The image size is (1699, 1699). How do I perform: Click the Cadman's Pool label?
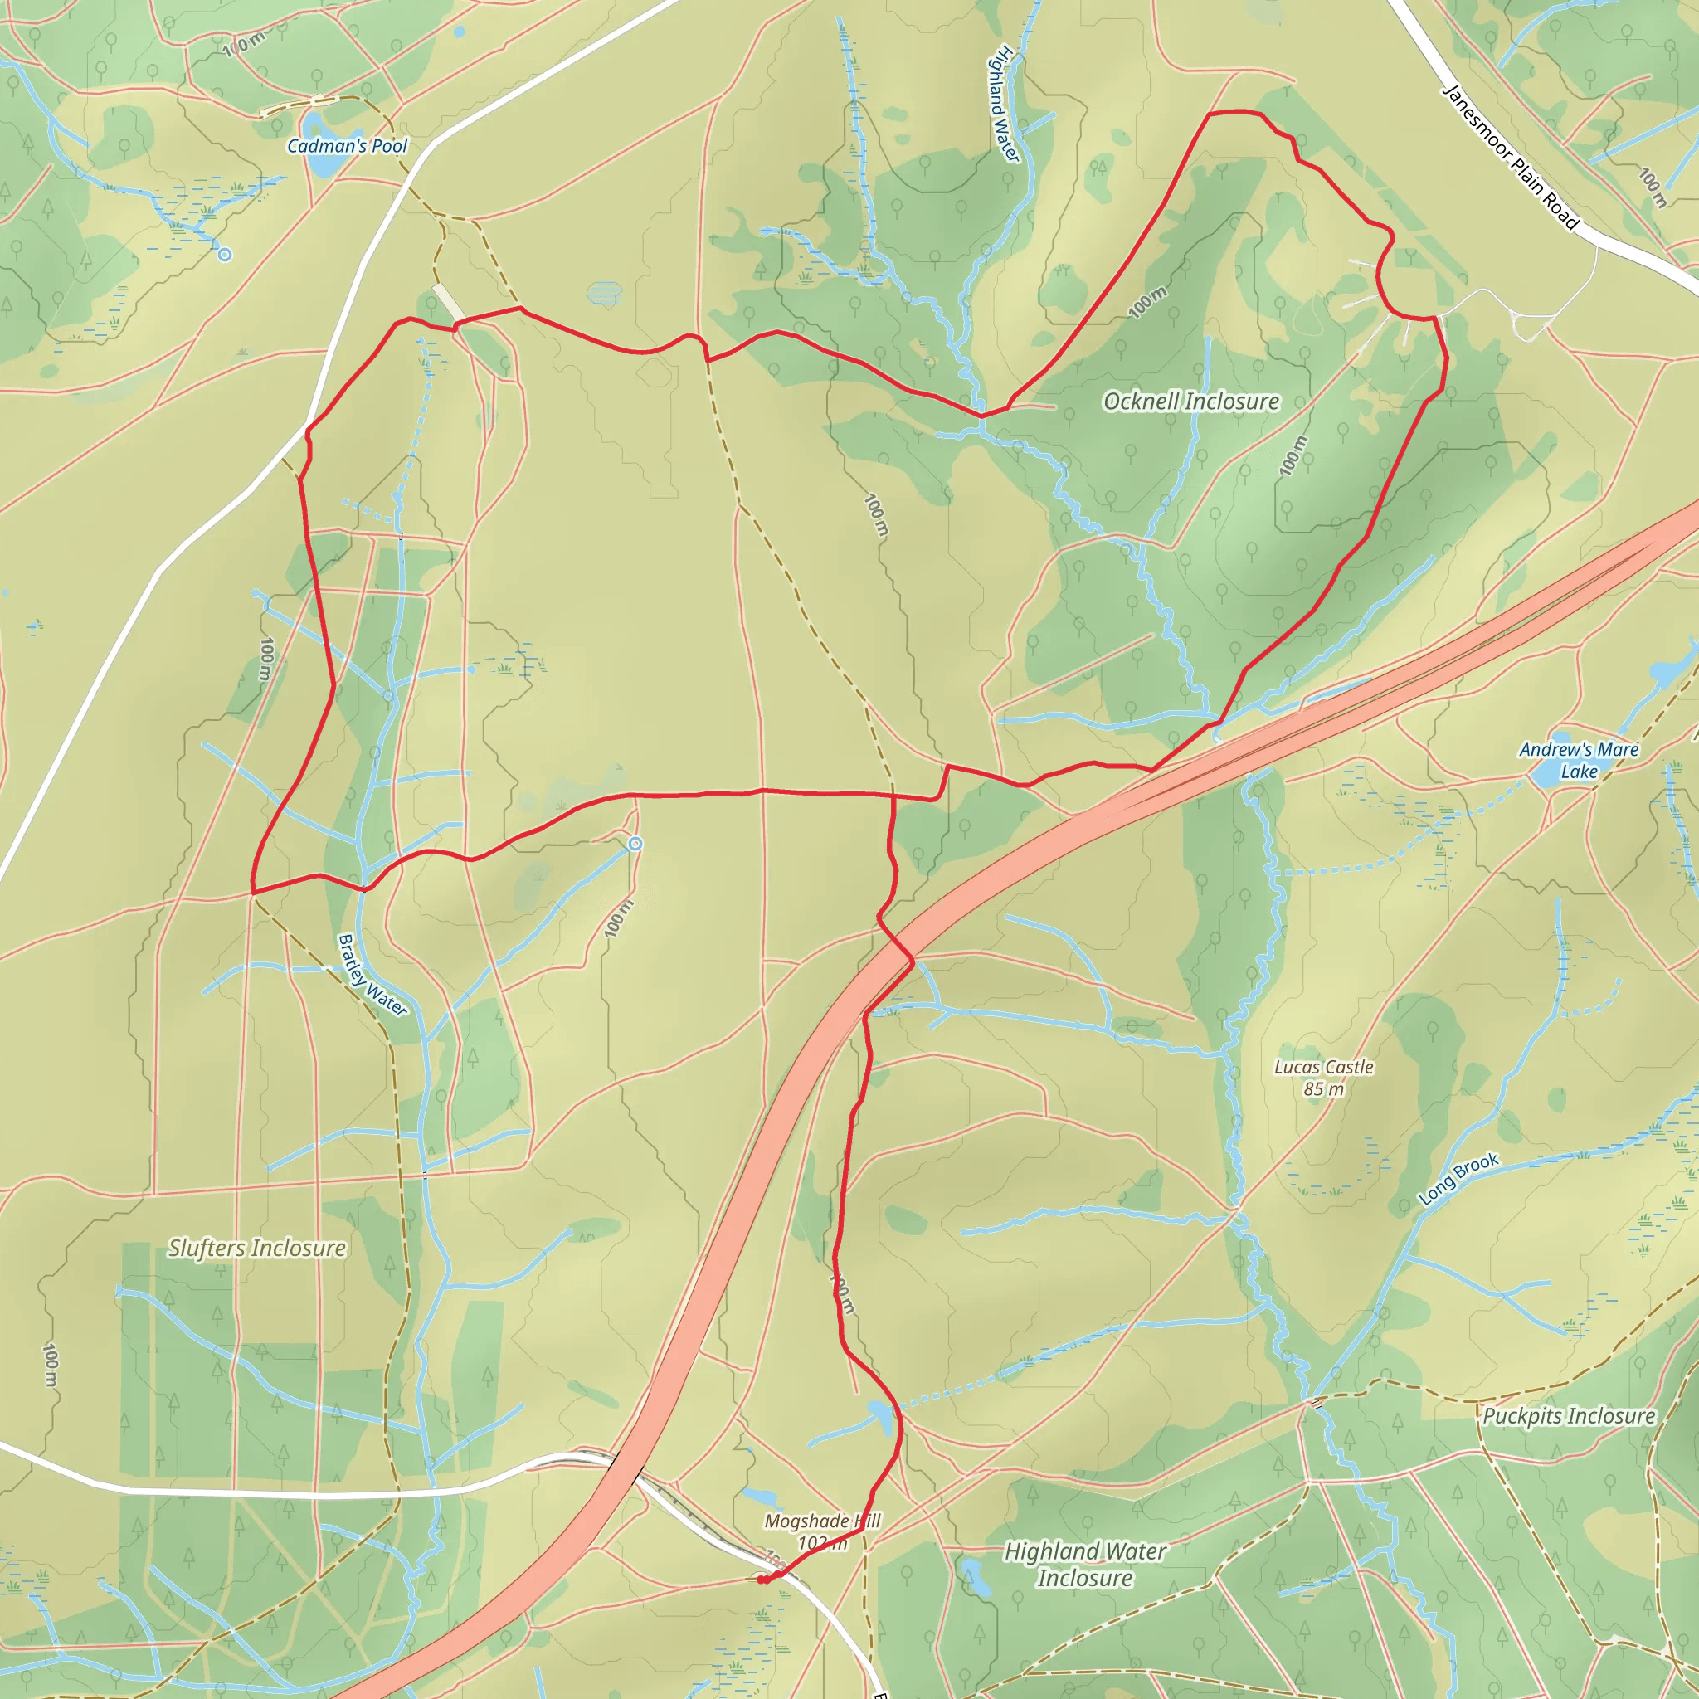click(348, 146)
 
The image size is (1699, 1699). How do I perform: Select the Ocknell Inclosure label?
click(1190, 402)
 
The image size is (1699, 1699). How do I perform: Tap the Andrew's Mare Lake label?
click(1579, 761)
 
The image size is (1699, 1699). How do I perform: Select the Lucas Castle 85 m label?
click(1323, 1078)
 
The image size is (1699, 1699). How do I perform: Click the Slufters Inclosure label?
click(257, 1248)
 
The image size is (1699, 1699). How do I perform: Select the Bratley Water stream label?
click(372, 975)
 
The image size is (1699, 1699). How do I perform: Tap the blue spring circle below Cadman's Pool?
click(225, 255)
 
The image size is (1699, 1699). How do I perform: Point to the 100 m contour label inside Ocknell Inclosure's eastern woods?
click(1293, 455)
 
